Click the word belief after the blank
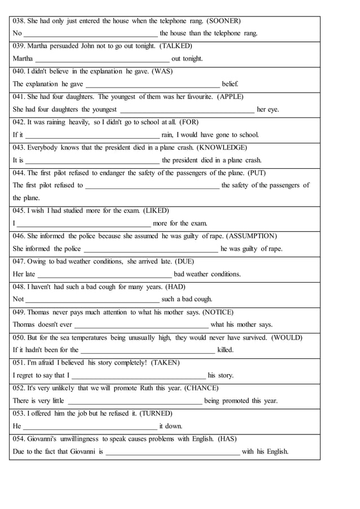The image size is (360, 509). [230, 84]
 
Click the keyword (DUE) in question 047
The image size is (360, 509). [185, 261]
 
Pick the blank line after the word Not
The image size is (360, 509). [93, 300]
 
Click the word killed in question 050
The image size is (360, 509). [225, 350]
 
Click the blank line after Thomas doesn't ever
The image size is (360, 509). [141, 326]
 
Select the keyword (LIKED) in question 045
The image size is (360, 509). [148, 210]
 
